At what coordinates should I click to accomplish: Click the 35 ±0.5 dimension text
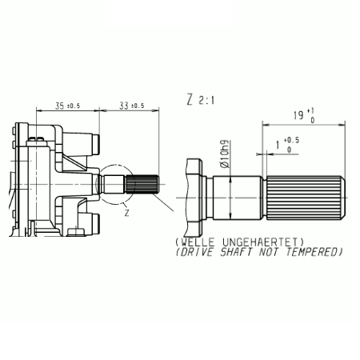point(67,106)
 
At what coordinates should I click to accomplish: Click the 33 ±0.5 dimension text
point(131,106)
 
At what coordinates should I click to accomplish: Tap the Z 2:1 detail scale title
point(200,100)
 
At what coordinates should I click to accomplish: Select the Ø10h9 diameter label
point(225,154)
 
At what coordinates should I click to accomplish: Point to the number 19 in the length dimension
point(298,115)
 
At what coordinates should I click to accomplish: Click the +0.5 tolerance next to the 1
point(291,140)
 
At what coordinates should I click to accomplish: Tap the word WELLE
point(198,242)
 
